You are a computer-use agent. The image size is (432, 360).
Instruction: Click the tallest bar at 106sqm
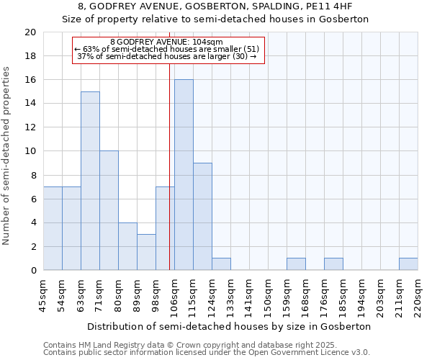pyautogui.click(x=184, y=175)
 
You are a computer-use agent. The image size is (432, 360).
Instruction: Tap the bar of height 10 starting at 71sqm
pyautogui.click(x=109, y=210)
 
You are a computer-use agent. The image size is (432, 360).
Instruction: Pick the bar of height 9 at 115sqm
pyautogui.click(x=202, y=216)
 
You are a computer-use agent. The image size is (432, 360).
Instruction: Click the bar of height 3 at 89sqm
pyautogui.click(x=146, y=252)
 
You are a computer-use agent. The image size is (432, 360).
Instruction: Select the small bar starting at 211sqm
pyautogui.click(x=408, y=264)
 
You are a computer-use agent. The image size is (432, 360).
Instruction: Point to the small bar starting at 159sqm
pyautogui.click(x=296, y=264)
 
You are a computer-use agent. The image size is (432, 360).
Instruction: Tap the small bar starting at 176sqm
pyautogui.click(x=333, y=264)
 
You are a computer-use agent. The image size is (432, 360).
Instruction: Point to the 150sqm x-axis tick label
pyautogui.click(x=268, y=295)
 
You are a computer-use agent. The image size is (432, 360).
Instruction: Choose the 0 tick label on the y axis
pyautogui.click(x=32, y=271)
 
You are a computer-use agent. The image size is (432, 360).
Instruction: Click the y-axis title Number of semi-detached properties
pyautogui.click(x=7, y=156)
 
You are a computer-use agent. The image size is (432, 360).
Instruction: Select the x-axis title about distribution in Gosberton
pyautogui.click(x=230, y=326)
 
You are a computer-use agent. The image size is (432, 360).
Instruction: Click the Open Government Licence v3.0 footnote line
pyautogui.click(x=207, y=353)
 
